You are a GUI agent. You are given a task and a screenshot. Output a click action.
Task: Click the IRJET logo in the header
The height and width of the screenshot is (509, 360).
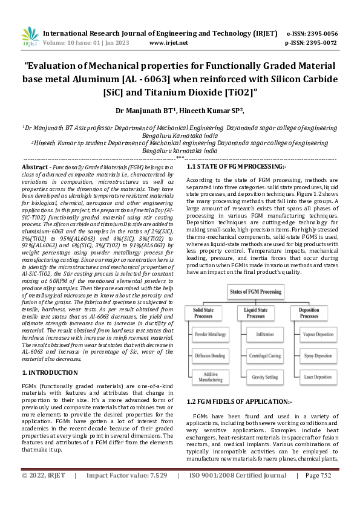click(30, 37)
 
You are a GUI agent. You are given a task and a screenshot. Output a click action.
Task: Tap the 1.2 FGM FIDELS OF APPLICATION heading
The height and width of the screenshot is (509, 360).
click(231, 401)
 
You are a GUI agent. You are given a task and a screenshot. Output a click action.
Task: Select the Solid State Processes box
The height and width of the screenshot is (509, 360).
click(204, 313)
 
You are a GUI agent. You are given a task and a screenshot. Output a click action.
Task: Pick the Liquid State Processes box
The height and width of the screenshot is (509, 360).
click(256, 313)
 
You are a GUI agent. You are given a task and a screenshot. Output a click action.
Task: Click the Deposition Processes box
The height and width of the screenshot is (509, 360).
click(309, 313)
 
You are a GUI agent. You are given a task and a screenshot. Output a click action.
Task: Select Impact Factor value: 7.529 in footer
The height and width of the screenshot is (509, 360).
click(123, 493)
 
